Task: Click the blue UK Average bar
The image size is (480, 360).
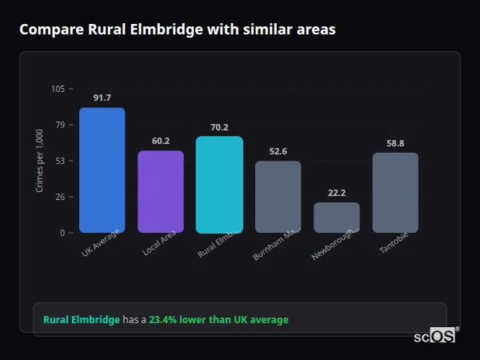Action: (x=102, y=170)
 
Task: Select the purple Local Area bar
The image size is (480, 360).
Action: (x=161, y=192)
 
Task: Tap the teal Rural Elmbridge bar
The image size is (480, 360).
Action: (x=219, y=185)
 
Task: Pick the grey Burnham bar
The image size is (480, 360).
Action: (x=278, y=197)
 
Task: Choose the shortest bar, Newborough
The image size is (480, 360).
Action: (x=337, y=218)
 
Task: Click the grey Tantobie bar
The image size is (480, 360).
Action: (x=395, y=193)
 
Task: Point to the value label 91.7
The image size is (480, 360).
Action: (x=102, y=98)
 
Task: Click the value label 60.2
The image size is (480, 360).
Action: (x=161, y=142)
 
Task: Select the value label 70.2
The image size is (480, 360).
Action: (x=219, y=127)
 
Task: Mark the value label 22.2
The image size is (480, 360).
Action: (x=337, y=194)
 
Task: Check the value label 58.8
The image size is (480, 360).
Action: (x=395, y=144)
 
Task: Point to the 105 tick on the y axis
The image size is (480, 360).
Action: (x=58, y=89)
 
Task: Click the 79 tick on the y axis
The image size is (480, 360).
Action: (x=60, y=125)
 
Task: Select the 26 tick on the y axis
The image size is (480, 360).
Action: (x=60, y=197)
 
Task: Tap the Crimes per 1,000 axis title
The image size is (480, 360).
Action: (x=40, y=161)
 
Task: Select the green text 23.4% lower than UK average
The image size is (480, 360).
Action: (x=218, y=320)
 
